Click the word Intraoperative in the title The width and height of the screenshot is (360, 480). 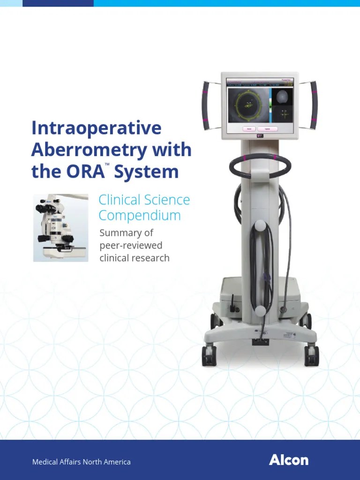click(96, 128)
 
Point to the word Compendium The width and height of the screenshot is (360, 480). click(139, 216)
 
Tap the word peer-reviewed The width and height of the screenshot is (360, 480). click(131, 245)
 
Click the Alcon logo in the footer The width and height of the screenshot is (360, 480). click(289, 460)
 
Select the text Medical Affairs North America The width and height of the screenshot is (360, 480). click(81, 462)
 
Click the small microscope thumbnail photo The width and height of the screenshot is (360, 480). click(61, 228)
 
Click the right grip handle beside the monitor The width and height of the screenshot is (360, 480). click(313, 105)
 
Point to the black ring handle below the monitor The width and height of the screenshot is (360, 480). click(260, 165)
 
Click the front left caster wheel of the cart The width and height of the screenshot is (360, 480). click(208, 356)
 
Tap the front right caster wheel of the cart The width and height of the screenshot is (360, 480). click(312, 356)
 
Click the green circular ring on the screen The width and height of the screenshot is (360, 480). click(248, 105)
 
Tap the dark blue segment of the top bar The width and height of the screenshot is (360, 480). click(58, 3)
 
